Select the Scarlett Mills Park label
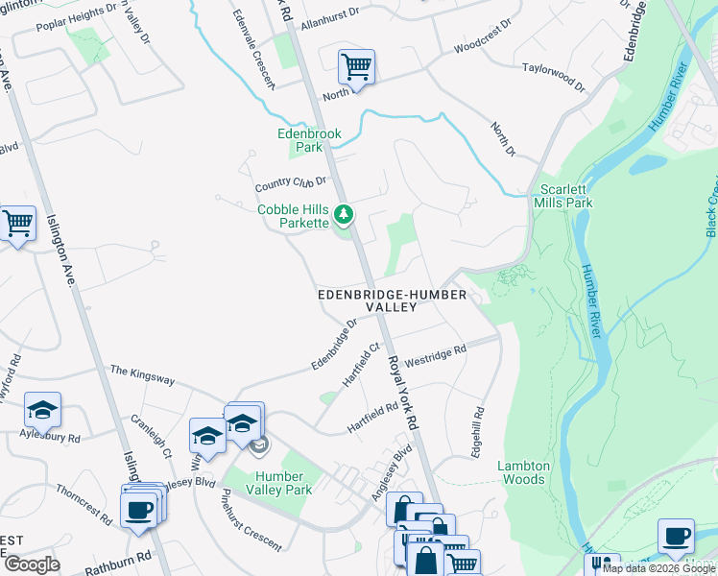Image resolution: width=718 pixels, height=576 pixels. click(565, 196)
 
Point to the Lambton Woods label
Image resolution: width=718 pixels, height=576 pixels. click(523, 472)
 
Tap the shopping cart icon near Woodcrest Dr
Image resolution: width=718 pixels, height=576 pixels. click(356, 67)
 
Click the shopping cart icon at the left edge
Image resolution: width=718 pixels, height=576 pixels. click(17, 224)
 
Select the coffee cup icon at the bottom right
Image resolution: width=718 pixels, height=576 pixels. click(675, 536)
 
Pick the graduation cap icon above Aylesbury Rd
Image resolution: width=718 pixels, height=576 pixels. click(42, 410)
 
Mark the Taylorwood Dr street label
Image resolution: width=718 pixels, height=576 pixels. click(553, 77)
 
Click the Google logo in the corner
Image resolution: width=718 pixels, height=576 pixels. click(32, 564)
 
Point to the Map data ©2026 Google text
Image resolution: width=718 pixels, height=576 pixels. click(658, 568)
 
